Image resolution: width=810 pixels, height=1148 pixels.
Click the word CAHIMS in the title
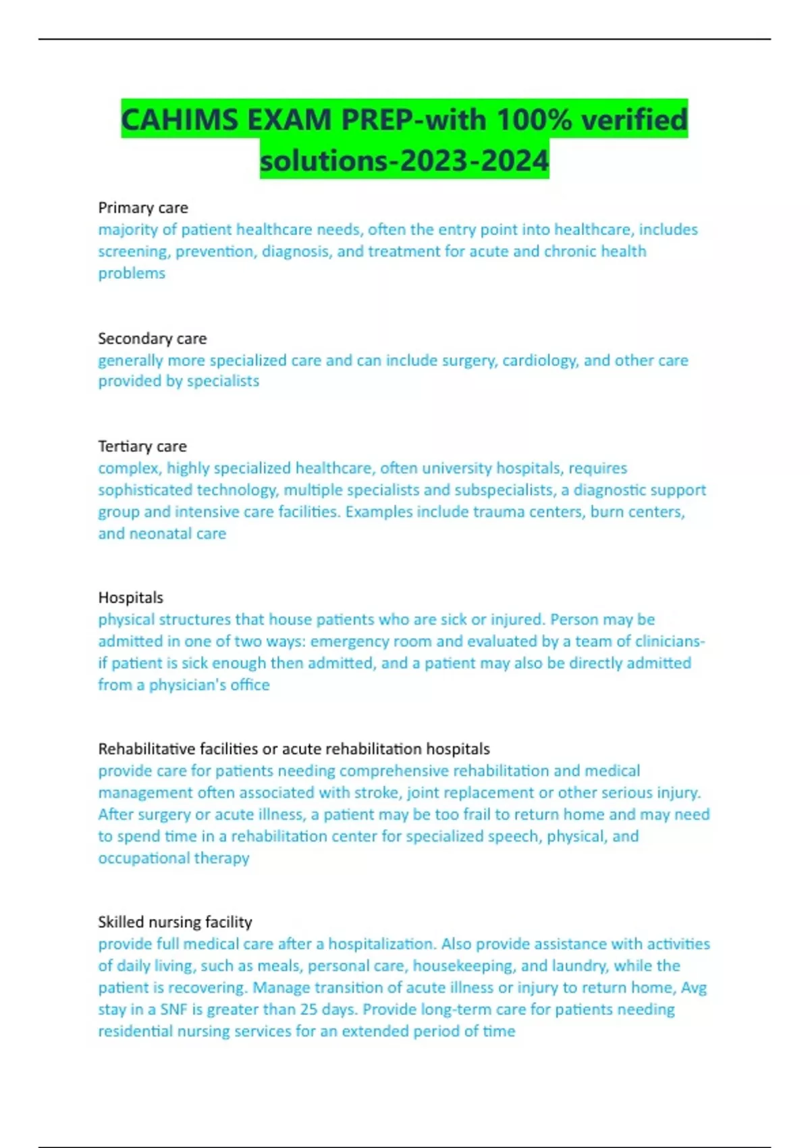point(179,120)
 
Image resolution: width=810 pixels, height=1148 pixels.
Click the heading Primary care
point(143,207)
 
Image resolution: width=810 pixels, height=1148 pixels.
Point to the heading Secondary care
point(153,338)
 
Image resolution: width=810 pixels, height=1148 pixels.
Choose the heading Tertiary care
point(142,446)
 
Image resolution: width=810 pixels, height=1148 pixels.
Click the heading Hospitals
point(131,598)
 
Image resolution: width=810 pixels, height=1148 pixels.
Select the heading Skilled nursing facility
point(175,922)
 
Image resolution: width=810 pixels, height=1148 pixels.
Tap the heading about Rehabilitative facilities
point(294,749)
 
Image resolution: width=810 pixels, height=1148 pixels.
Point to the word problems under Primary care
point(132,273)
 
